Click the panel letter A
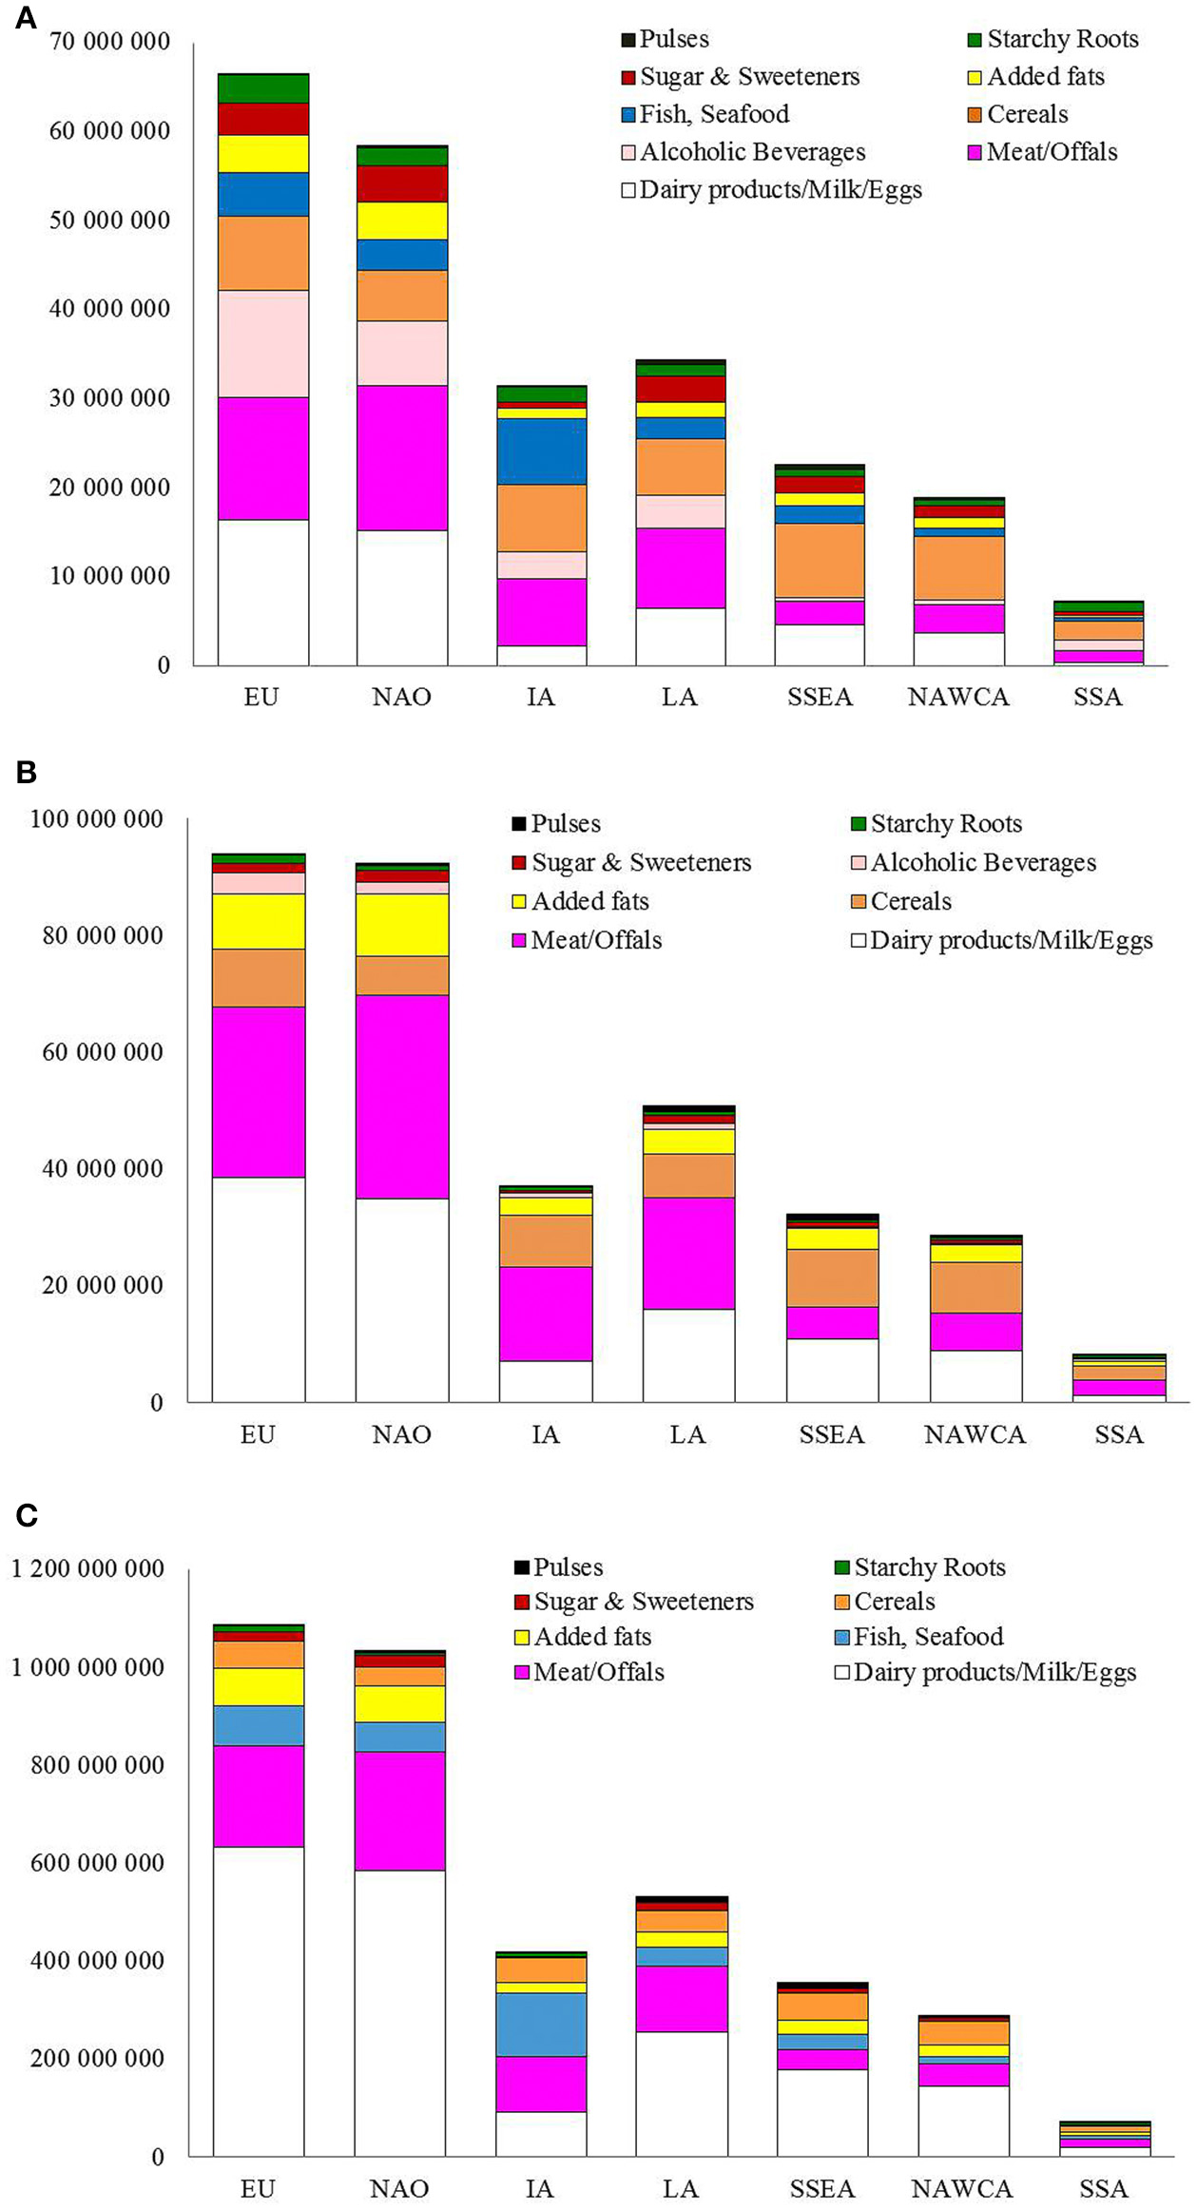tap(26, 18)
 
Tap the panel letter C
tap(27, 1513)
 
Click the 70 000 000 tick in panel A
tap(108, 42)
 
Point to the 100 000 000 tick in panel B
tap(96, 818)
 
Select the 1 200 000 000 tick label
tap(87, 1568)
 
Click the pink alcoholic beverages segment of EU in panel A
tap(263, 343)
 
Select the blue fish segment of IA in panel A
tap(541, 451)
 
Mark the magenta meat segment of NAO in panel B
tap(402, 1096)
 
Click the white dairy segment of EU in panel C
tap(259, 2001)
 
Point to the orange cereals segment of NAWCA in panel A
tap(958, 567)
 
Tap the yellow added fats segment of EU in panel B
tap(259, 921)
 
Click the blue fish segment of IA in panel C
tap(541, 2025)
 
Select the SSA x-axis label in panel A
tap(1097, 697)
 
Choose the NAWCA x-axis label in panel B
tap(975, 1434)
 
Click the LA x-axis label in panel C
tap(681, 2189)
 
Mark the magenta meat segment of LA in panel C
tap(682, 1999)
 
